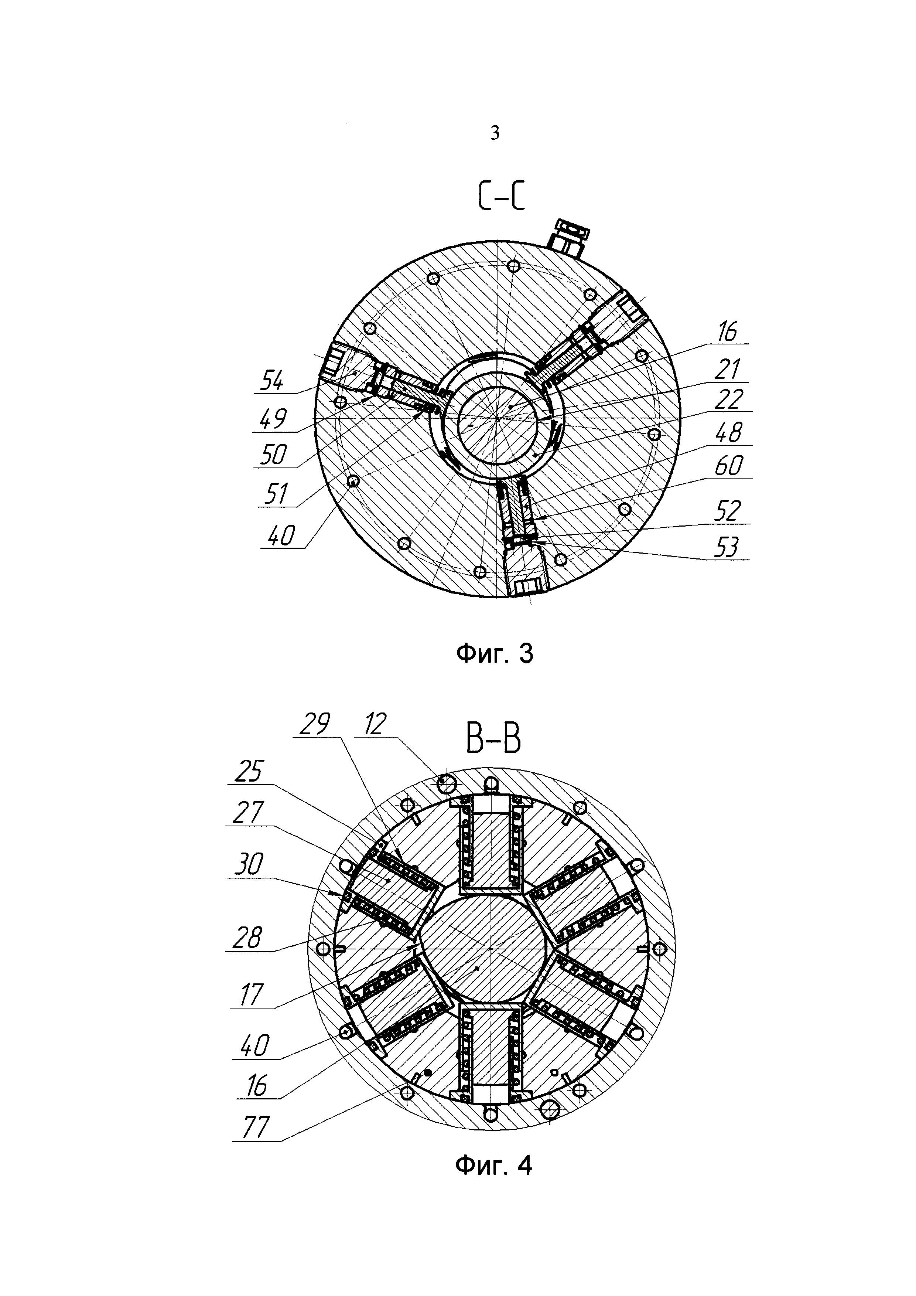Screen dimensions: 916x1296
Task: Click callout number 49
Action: coord(273,418)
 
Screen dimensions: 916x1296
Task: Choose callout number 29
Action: coord(315,724)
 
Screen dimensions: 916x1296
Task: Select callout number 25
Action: coord(248,772)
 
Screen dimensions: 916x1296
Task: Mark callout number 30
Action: coord(248,865)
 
